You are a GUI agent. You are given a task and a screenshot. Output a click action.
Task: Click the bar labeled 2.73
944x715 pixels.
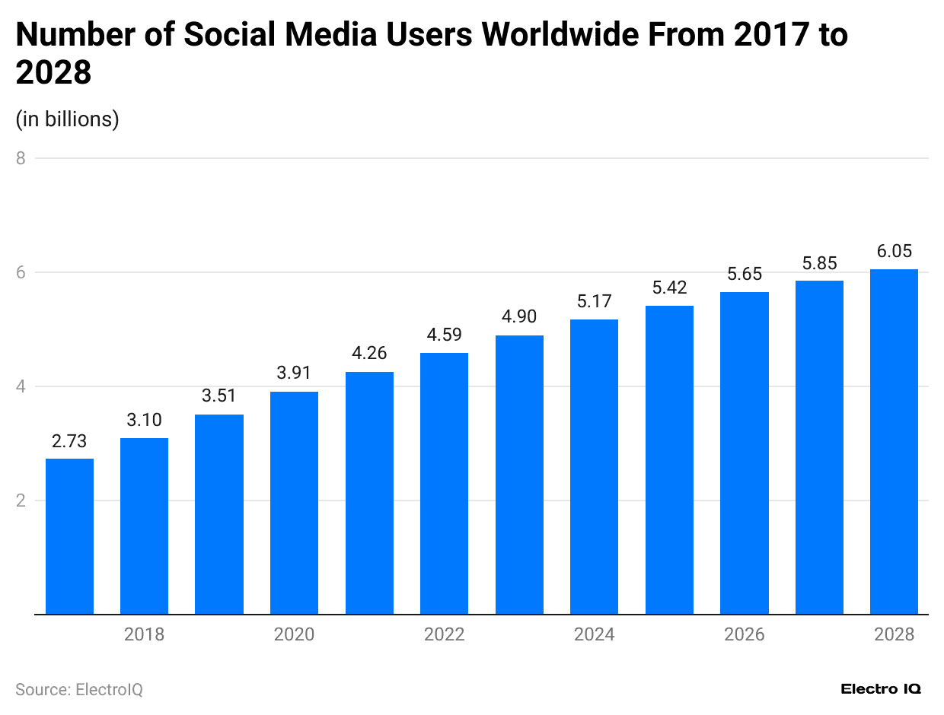coord(69,536)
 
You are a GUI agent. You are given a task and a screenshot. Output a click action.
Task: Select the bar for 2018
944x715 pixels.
coord(144,526)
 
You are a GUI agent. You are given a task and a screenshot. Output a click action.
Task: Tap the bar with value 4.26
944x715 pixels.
coord(369,493)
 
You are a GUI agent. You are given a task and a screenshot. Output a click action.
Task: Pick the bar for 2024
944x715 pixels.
coord(594,467)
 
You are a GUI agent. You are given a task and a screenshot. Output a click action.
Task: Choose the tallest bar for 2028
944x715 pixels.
coord(894,441)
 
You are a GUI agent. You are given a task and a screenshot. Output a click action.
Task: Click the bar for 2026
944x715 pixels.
coord(744,453)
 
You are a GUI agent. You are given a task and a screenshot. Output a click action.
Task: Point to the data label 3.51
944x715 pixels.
coord(219,396)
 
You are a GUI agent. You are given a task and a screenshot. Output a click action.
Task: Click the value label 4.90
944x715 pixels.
coord(519,316)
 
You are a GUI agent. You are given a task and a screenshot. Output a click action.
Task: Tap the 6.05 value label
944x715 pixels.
coord(894,251)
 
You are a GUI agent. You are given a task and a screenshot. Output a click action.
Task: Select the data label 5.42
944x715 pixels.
coord(669,288)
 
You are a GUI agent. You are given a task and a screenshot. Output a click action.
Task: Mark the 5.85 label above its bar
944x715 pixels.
coord(819,263)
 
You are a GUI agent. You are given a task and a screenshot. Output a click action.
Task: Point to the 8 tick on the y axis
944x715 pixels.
coord(21,158)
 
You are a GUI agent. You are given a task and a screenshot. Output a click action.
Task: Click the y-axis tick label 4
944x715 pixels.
coord(21,386)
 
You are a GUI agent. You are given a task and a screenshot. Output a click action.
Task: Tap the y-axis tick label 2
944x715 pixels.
coord(21,500)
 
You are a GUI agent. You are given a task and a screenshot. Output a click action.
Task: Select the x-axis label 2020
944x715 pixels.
coord(294,634)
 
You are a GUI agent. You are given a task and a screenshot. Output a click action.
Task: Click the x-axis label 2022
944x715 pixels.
coord(444,634)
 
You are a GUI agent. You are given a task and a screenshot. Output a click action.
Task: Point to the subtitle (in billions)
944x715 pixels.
coord(67,119)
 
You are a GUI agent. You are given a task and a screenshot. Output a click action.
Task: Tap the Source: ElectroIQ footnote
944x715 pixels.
coord(79,690)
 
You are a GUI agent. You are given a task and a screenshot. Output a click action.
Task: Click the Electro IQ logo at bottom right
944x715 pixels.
coord(881,689)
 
